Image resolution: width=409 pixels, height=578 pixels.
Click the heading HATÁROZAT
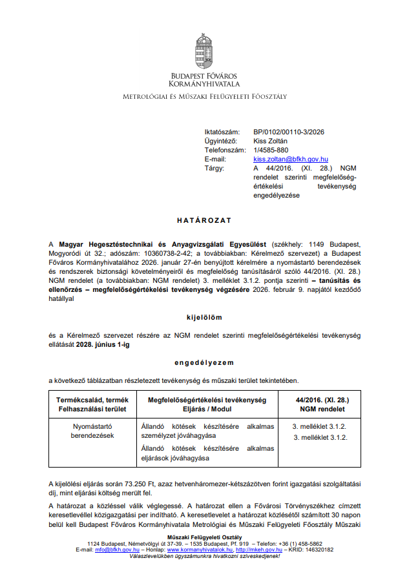(x=204, y=220)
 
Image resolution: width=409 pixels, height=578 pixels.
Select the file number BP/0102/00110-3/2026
(x=289, y=132)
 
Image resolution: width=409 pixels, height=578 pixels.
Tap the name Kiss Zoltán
(x=271, y=141)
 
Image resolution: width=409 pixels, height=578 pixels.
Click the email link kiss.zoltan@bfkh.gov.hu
(x=291, y=159)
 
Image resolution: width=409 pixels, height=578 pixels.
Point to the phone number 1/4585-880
(x=271, y=150)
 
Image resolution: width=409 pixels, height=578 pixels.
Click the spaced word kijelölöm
(x=204, y=318)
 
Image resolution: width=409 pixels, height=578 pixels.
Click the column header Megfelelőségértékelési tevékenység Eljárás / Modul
(x=203, y=405)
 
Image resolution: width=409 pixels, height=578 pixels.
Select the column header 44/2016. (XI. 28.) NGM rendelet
(x=320, y=405)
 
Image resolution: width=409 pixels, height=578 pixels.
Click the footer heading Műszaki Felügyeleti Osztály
(x=204, y=537)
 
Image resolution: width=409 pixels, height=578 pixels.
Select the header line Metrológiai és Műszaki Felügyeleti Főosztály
(x=204, y=97)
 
